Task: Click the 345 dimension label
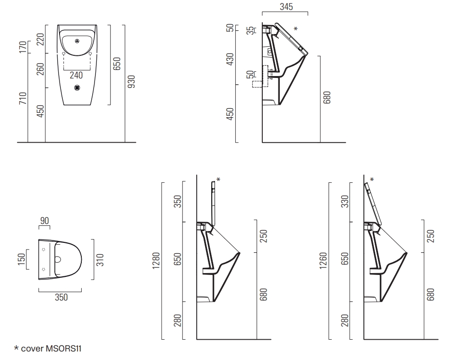pos(286,7)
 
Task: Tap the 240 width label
pos(76,75)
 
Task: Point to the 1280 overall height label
pos(156,261)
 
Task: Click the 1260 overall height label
pos(323,261)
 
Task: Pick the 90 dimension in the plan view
pos(44,221)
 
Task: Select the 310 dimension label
pos(100,260)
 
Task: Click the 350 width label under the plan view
pos(61,297)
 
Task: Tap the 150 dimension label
pos(21,259)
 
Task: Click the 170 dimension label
pos(23,47)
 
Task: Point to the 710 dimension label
pos(23,98)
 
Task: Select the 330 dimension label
pos(345,202)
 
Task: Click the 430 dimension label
pos(230,60)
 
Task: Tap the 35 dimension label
pos(250,31)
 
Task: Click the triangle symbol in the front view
pos(77,41)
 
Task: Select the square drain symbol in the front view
pos(77,88)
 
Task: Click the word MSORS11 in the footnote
pos(64,349)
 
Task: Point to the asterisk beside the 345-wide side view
pos(296,29)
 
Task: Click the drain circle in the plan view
pos(58,260)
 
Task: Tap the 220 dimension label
pos(41,39)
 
